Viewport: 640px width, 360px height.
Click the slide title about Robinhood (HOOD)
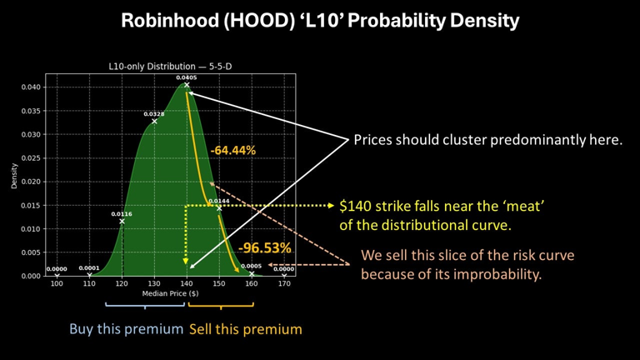click(320, 20)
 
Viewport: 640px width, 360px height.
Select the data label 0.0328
click(154, 114)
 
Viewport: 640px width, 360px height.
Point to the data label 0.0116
click(122, 213)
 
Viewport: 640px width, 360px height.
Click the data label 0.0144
click(219, 201)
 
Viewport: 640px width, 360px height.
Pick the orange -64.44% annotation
click(232, 151)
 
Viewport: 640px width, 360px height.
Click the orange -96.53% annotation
click(264, 247)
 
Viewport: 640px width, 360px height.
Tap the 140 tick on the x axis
click(187, 285)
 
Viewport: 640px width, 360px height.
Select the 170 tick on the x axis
click(284, 285)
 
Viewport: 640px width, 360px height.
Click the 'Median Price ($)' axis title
click(170, 294)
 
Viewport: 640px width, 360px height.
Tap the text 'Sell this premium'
click(246, 329)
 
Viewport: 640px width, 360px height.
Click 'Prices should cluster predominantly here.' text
click(488, 140)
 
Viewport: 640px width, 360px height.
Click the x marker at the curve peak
click(187, 85)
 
